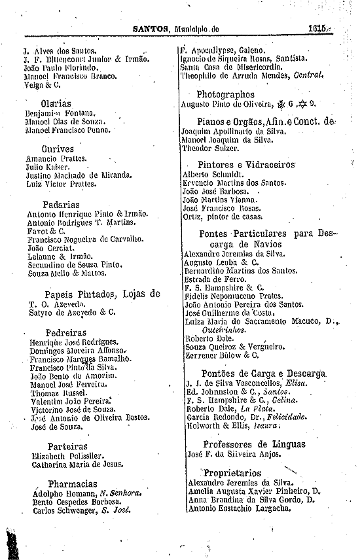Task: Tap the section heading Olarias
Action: click(x=56, y=103)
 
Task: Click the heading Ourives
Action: click(x=57, y=149)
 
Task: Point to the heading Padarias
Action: click(x=61, y=204)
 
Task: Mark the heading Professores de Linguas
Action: click(x=254, y=444)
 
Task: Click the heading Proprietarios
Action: click(x=232, y=473)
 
